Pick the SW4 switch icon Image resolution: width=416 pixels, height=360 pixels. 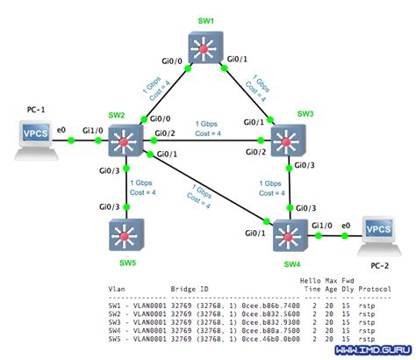pyautogui.click(x=289, y=235)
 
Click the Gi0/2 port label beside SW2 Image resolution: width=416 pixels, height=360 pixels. pyautogui.click(x=164, y=133)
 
